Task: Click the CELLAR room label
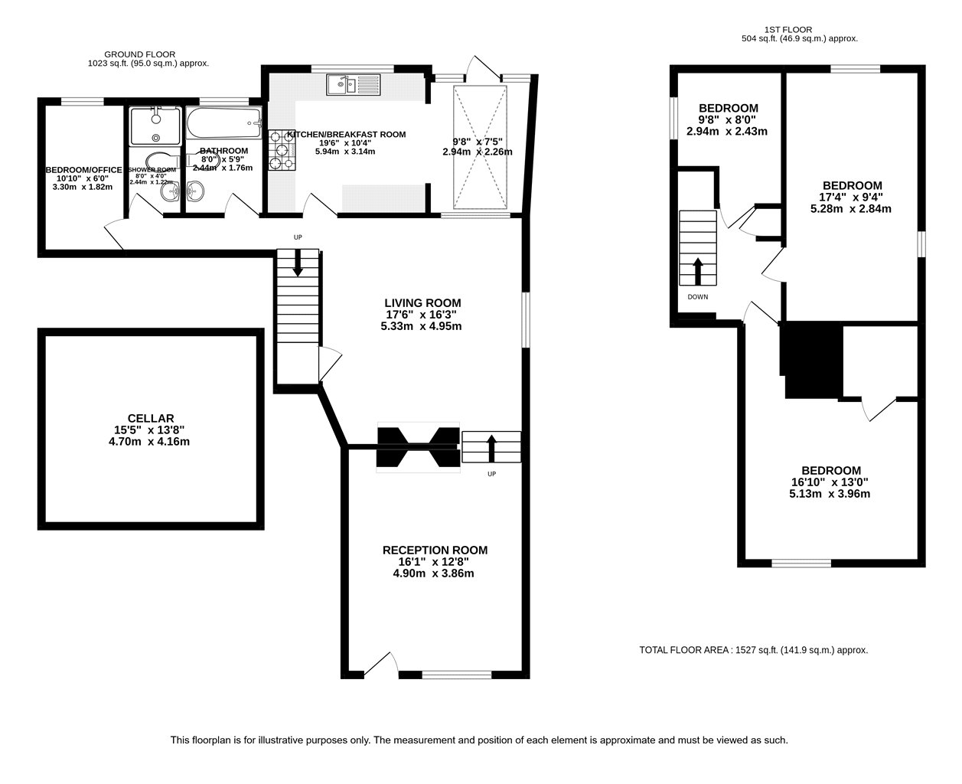[x=151, y=419]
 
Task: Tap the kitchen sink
[x=354, y=85]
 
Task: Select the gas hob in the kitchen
[x=282, y=150]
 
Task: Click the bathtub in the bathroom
[x=224, y=123]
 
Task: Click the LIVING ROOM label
[x=422, y=302]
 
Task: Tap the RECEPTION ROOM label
[x=435, y=550]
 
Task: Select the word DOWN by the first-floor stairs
[x=698, y=297]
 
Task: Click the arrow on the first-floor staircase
[x=698, y=271]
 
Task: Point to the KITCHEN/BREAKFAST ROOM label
[x=347, y=134]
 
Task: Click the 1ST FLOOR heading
[x=788, y=30]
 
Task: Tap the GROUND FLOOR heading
[x=139, y=54]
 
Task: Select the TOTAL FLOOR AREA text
[x=753, y=650]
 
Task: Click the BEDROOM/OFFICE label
[x=83, y=170]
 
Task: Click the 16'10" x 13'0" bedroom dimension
[x=830, y=482]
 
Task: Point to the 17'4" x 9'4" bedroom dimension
[x=851, y=198]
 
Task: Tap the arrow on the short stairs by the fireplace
[x=491, y=448]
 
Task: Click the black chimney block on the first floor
[x=813, y=361]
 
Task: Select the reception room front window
[x=457, y=675]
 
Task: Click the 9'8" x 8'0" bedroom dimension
[x=727, y=119]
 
